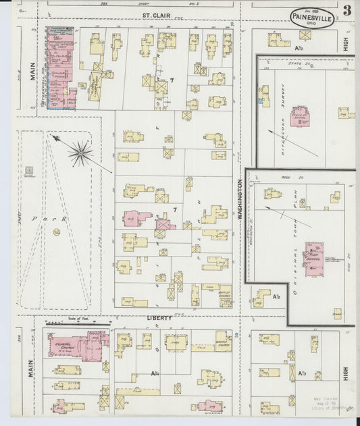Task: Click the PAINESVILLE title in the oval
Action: click(x=311, y=18)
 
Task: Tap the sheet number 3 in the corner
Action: click(x=346, y=11)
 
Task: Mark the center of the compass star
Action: click(x=80, y=153)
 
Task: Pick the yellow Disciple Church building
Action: click(x=223, y=341)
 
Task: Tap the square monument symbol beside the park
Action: click(x=28, y=172)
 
